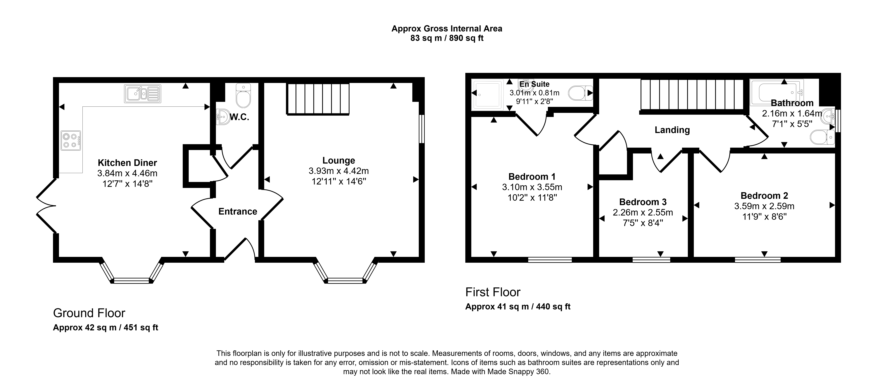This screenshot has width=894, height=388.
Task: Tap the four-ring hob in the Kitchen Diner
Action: coord(71,140)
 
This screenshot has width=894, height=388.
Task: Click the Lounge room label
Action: coord(339,161)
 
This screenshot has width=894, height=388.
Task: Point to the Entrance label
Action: coord(238,212)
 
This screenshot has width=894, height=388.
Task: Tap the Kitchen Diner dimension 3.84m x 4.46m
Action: coord(127,173)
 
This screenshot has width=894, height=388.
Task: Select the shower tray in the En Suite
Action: coord(487,94)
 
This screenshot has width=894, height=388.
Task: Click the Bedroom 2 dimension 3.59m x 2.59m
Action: coord(764,206)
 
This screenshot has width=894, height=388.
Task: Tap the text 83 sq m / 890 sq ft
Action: coord(447,38)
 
